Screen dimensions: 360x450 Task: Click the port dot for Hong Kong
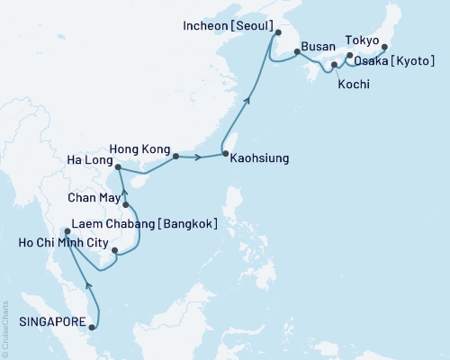pyautogui.click(x=175, y=157)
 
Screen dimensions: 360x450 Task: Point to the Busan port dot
pyautogui.click(x=297, y=52)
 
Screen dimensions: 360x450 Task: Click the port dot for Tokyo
pyautogui.click(x=385, y=47)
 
